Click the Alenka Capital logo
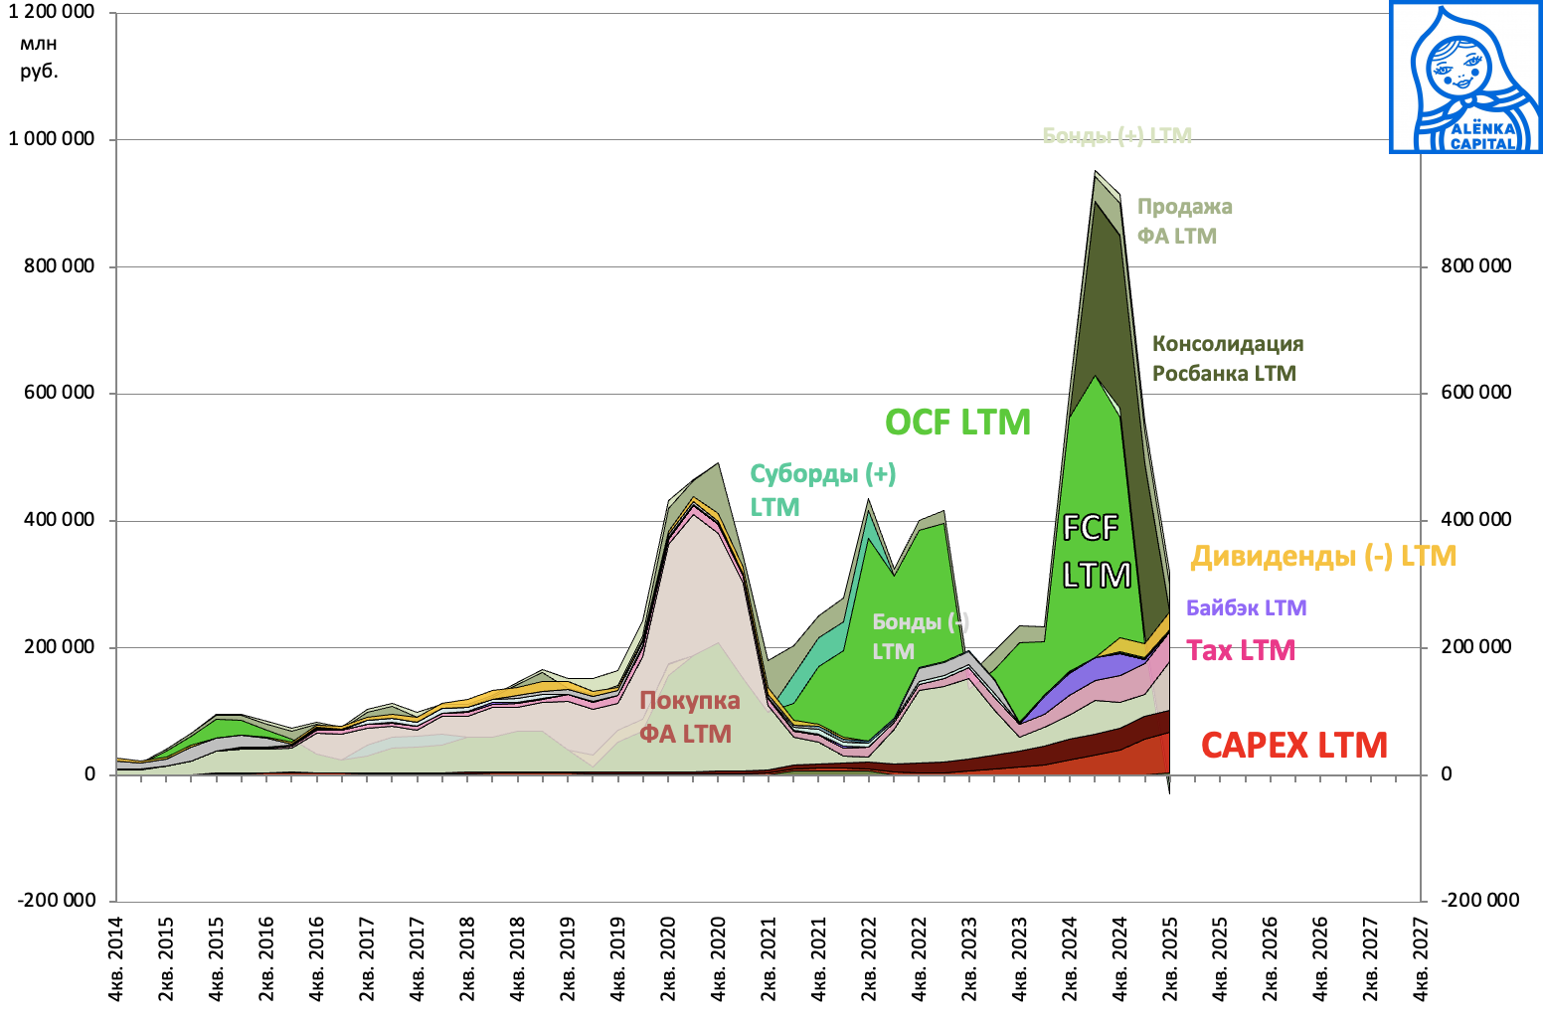click(1465, 78)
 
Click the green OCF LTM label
click(957, 423)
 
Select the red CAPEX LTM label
click(1293, 746)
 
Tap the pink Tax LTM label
click(1241, 651)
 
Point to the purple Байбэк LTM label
click(1246, 607)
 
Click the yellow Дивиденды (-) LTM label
click(1323, 556)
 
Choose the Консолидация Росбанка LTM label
click(1227, 359)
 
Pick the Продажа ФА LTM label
click(1184, 221)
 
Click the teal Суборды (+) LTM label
click(822, 489)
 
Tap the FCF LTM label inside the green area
click(1096, 551)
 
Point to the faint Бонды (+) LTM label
click(1116, 136)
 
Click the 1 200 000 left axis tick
click(52, 12)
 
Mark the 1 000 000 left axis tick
click(52, 139)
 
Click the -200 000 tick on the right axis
click(1480, 901)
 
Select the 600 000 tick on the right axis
click(1475, 393)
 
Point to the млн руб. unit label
click(39, 57)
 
